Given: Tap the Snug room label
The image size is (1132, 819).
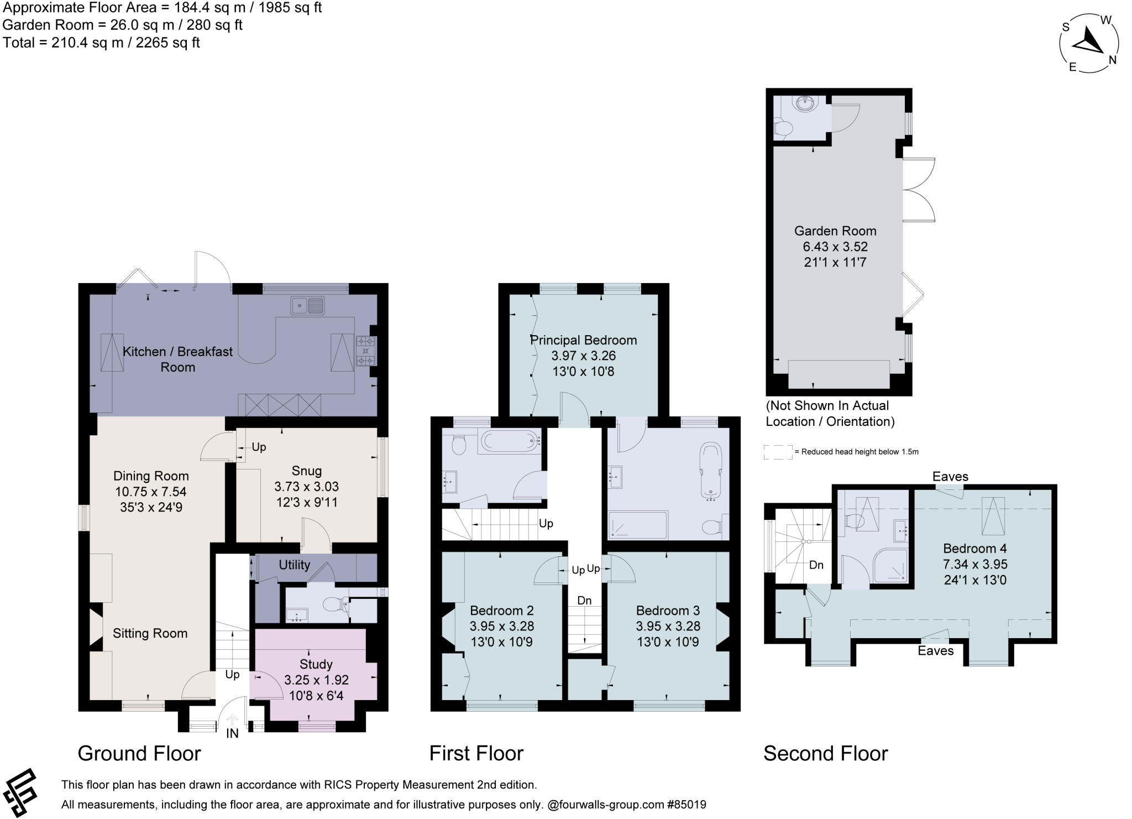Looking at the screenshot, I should pos(306,471).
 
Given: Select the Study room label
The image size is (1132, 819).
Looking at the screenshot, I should pos(316,664).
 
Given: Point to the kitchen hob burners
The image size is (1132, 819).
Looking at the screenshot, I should pos(365,351).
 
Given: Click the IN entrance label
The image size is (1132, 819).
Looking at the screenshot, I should pos(232,734).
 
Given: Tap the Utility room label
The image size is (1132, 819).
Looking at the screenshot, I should pos(294,565).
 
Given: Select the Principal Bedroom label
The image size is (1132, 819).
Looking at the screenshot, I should pos(584,340).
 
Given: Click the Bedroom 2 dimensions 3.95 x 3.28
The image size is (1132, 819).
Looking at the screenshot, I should pos(501,627).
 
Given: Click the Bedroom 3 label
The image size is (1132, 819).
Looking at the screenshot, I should pos(668,611).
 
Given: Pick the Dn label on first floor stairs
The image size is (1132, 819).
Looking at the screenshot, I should pos(584,601).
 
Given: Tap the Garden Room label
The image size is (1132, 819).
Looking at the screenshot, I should pos(835,231).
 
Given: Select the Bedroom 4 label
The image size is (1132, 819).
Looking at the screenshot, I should pos(974,549).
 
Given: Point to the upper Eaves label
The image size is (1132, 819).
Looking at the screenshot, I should pos(950,477).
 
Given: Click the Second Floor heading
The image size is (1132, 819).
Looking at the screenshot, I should pos(825,753).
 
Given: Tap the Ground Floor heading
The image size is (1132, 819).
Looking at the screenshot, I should pos(139,753).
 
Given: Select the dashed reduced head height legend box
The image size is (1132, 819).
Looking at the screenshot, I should pos(778,452).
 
